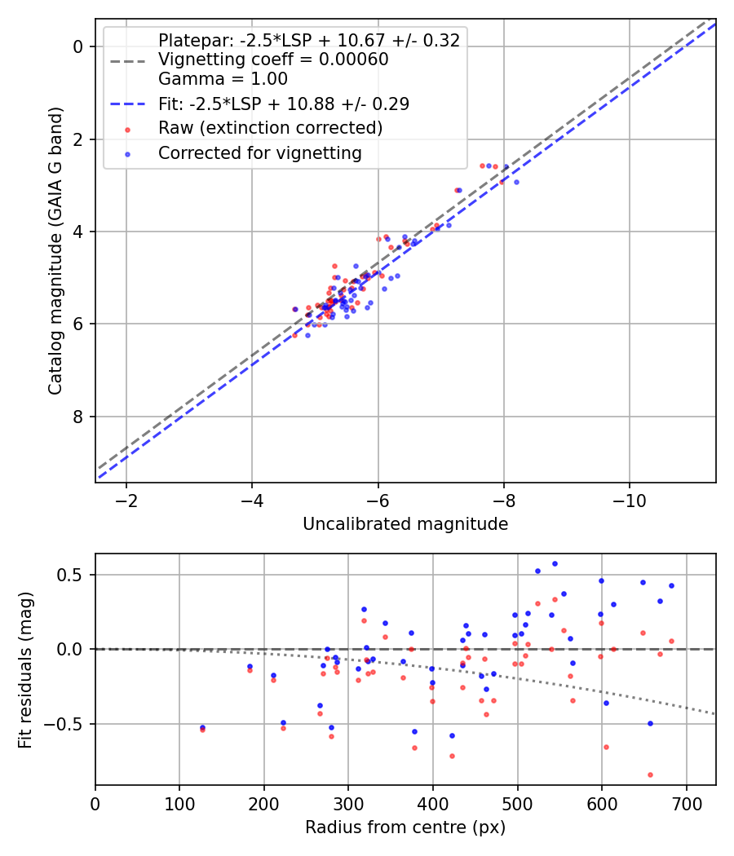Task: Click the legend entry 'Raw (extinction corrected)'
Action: click(270, 128)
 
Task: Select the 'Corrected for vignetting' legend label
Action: click(259, 152)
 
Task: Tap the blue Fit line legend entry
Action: click(283, 104)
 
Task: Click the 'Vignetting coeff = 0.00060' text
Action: click(273, 60)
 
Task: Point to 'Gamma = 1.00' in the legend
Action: click(223, 79)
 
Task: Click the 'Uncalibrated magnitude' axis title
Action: click(405, 524)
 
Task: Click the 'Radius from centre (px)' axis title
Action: click(405, 827)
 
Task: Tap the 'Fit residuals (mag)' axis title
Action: click(26, 669)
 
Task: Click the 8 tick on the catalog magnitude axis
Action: click(77, 417)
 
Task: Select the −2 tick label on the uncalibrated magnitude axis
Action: click(126, 499)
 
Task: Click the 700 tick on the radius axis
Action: click(686, 803)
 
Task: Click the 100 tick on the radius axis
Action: click(179, 803)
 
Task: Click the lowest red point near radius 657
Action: click(650, 774)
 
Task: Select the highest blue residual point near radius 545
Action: click(555, 563)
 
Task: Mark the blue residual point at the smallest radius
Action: click(202, 727)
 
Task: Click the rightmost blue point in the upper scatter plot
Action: click(516, 182)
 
